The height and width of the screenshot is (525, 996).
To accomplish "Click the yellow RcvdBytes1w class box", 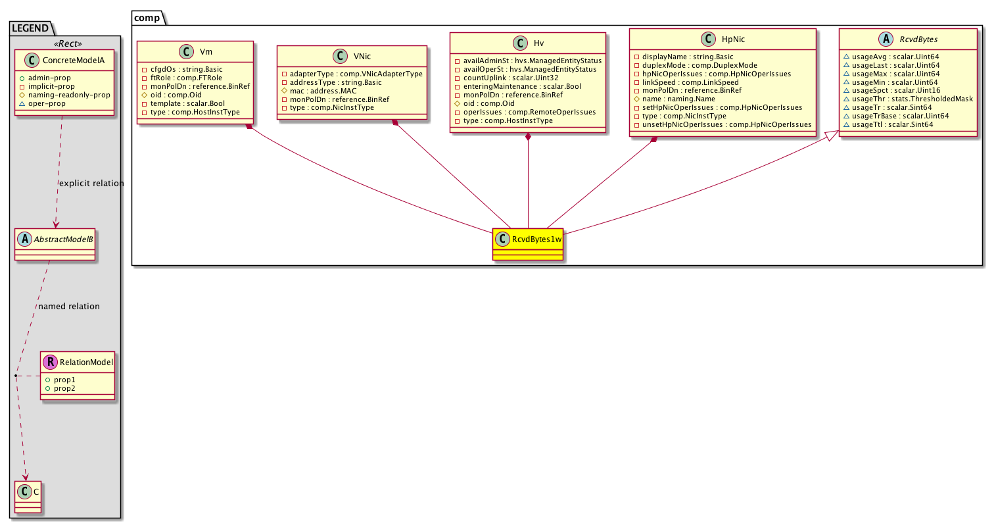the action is click(528, 244).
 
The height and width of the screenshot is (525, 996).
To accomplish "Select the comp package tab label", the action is click(147, 18).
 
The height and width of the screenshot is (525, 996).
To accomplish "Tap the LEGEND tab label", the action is click(30, 28).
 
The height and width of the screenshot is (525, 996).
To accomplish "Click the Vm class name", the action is click(206, 51).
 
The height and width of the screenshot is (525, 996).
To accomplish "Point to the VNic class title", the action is click(362, 57).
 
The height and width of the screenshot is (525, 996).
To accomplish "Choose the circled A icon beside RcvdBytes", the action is click(886, 39).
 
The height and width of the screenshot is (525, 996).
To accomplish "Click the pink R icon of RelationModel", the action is click(50, 362).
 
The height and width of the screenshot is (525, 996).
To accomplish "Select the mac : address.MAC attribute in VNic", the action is click(323, 91).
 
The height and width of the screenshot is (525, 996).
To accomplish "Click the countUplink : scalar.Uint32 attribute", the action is click(511, 78).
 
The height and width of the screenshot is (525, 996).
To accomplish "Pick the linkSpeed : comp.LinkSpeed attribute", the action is click(690, 82).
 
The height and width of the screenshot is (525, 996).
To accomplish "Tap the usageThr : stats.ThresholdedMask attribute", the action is click(913, 99).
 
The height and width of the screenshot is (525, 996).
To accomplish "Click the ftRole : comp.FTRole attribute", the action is click(186, 78).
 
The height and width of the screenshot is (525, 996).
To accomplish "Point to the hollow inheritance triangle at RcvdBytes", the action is click(832, 136).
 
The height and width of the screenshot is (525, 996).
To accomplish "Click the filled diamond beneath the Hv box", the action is click(528, 137).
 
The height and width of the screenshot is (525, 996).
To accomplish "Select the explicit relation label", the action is click(91, 184).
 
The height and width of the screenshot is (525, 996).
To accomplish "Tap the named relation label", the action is click(69, 307).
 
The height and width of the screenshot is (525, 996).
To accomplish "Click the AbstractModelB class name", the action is click(63, 239).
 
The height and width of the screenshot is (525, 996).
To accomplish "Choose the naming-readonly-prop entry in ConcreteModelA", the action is click(69, 95).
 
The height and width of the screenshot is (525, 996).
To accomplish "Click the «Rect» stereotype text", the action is click(68, 43).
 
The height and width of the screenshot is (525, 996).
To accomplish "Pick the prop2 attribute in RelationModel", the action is click(64, 388).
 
